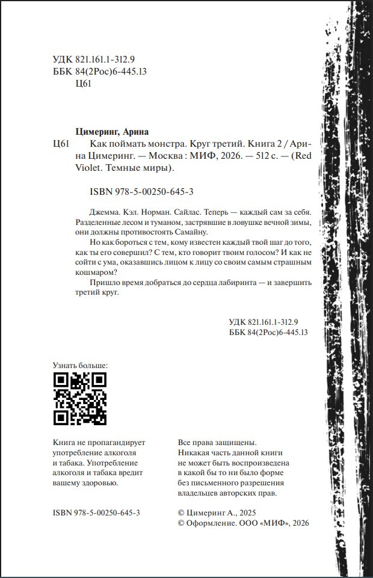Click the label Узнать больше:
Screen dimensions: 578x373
coord(81,365)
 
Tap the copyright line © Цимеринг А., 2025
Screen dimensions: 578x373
coord(213,512)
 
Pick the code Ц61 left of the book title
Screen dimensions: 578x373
coord(63,144)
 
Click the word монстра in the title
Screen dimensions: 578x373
coord(159,144)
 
